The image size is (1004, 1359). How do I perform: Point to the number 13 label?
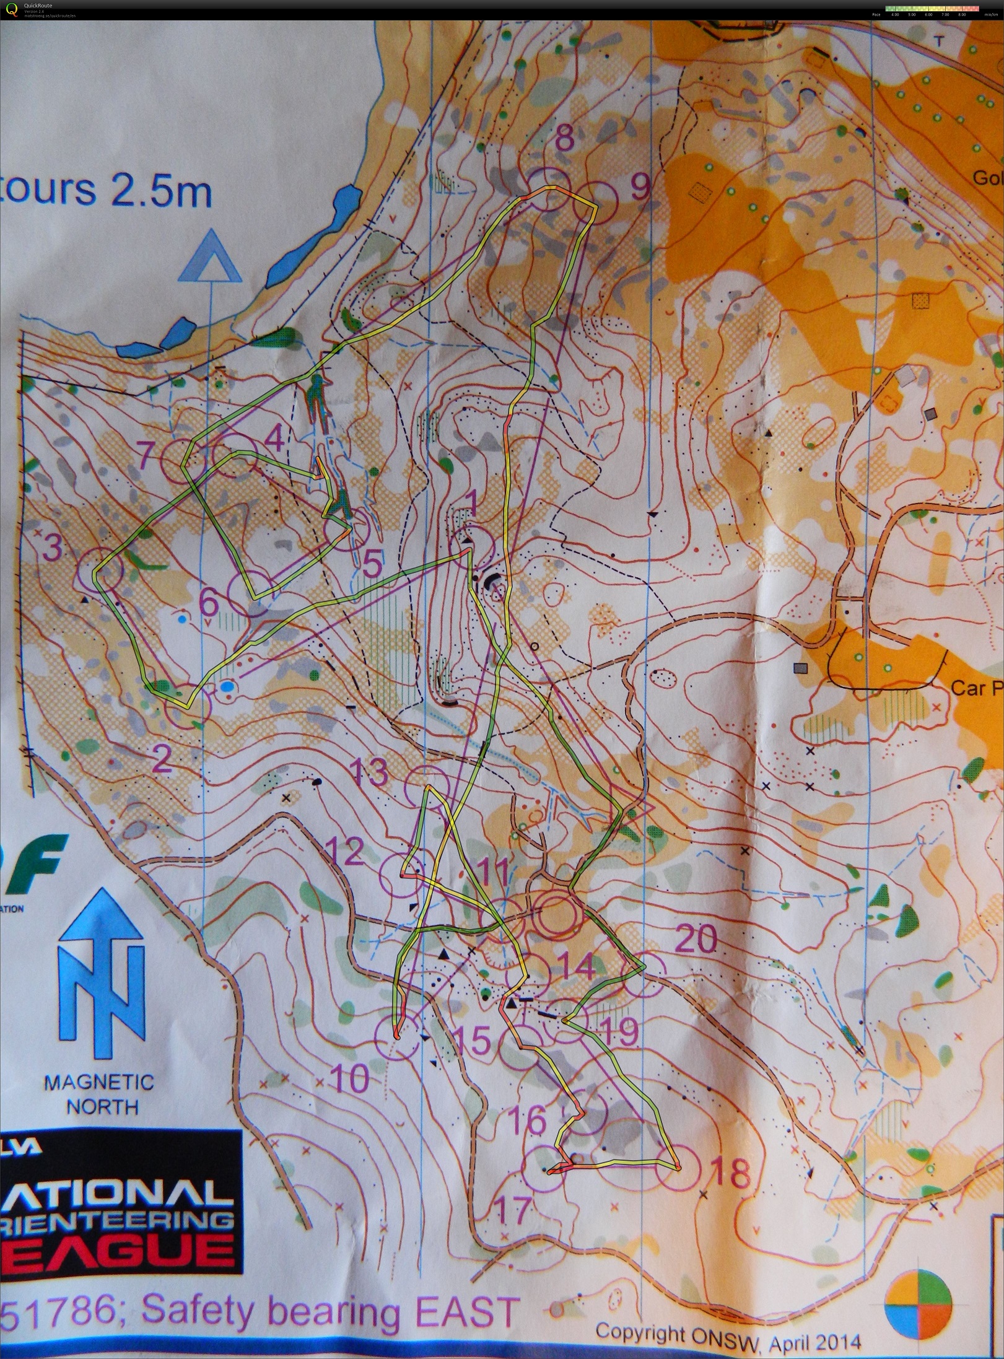tap(370, 772)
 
